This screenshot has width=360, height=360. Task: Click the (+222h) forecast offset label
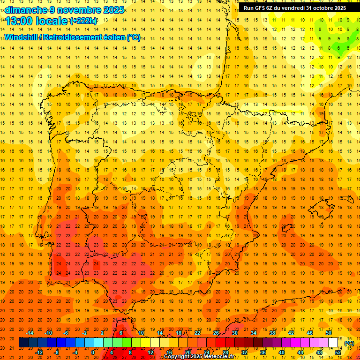[x=83, y=21]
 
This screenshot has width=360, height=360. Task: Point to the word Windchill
[x=22, y=37]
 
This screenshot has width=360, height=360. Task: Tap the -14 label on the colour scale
[x=30, y=333]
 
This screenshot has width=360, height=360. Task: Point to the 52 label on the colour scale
[x=338, y=352]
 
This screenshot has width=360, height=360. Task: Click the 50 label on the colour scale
[x=329, y=333]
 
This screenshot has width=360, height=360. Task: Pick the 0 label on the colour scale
[x=93, y=352]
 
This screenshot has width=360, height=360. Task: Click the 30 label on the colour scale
[x=234, y=333]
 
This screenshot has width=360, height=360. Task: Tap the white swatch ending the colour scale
[x=333, y=343]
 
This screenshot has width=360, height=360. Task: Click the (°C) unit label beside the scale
[x=349, y=343]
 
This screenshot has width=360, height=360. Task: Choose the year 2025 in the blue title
[x=113, y=10]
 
